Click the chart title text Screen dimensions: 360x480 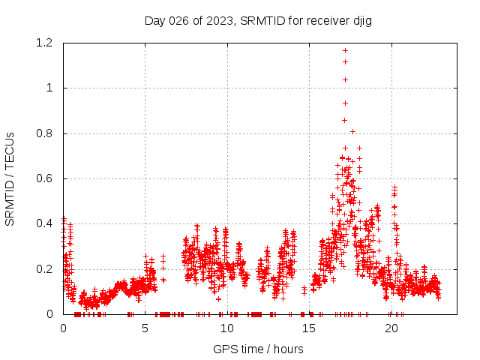tap(258, 20)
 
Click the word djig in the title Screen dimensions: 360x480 tap(360, 20)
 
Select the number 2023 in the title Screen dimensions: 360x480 tap(219, 20)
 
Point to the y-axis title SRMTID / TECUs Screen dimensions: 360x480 tap(10, 178)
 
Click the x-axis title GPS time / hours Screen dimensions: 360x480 tap(258, 349)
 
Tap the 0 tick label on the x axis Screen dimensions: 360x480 tap(63, 328)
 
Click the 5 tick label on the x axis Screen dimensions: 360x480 tap(145, 328)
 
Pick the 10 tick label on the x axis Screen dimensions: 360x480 tap(227, 328)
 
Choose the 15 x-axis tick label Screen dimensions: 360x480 tap(310, 328)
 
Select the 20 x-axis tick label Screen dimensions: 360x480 tap(391, 328)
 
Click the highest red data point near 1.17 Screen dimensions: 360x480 tap(345, 50)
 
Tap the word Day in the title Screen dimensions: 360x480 tap(154, 20)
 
